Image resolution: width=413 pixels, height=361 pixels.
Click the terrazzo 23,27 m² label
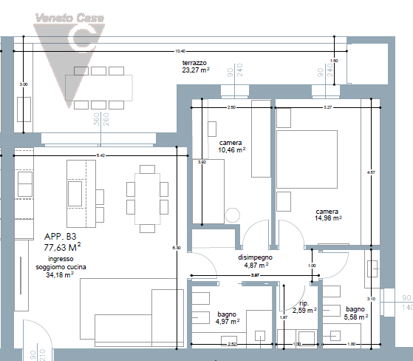pos(196,67)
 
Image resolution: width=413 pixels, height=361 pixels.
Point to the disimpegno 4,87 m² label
pos(252,260)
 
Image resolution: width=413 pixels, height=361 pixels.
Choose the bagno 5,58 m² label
pos(355,313)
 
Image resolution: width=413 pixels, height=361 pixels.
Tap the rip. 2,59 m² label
pos(303,307)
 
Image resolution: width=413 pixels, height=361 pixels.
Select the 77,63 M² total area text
pos(62,248)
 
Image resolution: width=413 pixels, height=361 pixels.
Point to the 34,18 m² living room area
pos(60,274)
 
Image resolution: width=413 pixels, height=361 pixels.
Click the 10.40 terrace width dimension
pos(180,51)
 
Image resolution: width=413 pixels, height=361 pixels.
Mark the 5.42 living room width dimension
pos(100,155)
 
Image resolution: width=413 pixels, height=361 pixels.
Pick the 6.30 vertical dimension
pos(176,247)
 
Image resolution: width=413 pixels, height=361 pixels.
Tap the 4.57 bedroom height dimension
pos(371,172)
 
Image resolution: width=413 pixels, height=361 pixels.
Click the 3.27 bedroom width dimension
pos(327,108)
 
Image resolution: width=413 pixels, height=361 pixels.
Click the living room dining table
pos(144,196)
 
